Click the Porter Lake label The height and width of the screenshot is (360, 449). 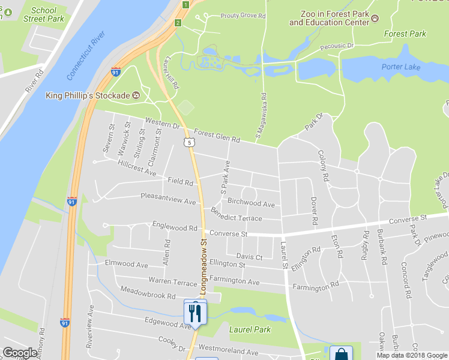point(401,67)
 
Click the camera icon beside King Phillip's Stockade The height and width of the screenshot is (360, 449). point(136,95)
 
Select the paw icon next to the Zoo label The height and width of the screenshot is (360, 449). point(376,19)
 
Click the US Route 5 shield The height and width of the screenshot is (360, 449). point(190,142)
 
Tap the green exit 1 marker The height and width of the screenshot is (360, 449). point(185,5)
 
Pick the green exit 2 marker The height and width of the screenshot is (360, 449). point(178,23)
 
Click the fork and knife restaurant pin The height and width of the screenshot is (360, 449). point(195,313)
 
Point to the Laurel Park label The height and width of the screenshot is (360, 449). point(250,329)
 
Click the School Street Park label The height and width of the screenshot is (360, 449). point(43,14)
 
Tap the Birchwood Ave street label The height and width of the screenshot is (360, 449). point(251,203)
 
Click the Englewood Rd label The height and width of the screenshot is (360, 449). point(175,228)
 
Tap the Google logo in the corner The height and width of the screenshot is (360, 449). point(20,353)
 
